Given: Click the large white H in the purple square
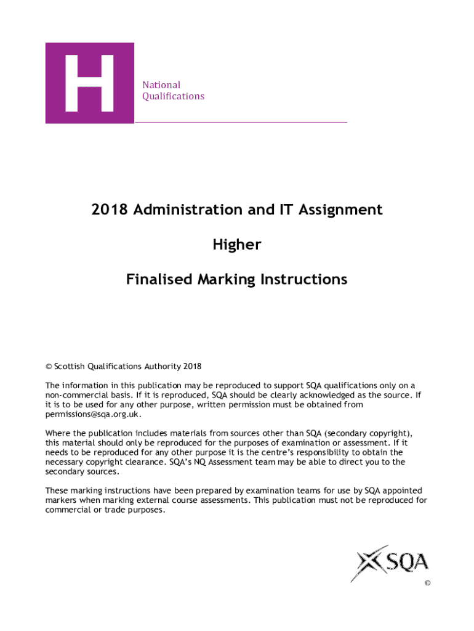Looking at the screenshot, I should click(89, 83).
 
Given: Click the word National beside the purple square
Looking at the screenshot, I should click(161, 85).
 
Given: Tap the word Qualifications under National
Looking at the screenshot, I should click(173, 96).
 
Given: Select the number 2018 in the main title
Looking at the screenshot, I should click(108, 210).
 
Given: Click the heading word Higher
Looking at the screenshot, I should click(237, 245).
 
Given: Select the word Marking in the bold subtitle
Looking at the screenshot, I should click(226, 280).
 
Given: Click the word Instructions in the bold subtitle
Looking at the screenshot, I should click(303, 280).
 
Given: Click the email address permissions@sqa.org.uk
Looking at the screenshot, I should click(89, 415).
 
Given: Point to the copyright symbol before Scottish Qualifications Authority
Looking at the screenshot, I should click(49, 367).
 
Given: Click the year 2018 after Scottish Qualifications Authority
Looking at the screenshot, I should click(192, 367).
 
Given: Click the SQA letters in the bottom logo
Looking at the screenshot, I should click(407, 562).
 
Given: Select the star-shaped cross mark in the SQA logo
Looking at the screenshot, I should click(369, 563).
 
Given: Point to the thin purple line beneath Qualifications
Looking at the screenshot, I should click(241, 123).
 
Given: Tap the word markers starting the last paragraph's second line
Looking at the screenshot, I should click(61, 500).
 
